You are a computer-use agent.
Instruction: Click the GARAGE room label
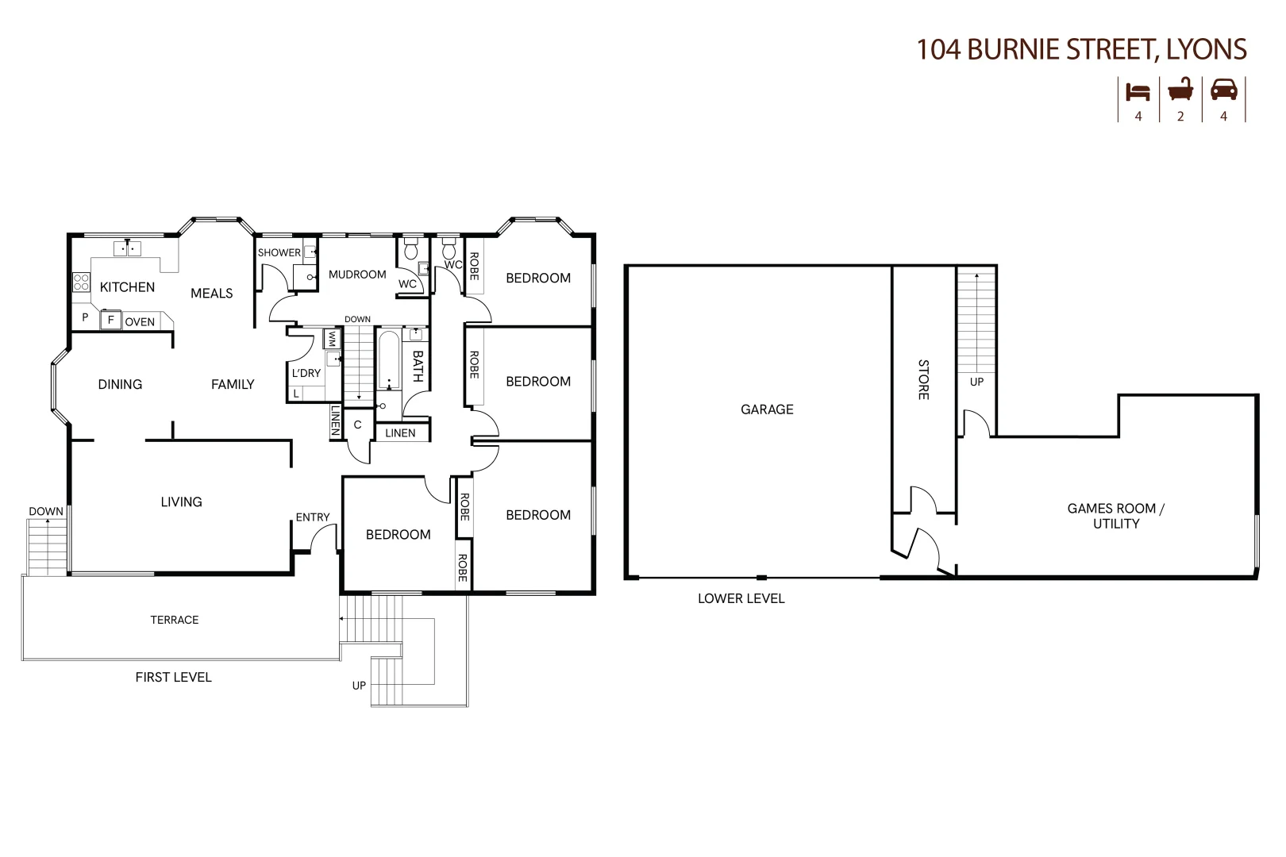pos(767,409)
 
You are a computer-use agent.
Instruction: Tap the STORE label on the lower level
pos(923,379)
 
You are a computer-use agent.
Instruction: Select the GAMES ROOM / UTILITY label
pos(1115,516)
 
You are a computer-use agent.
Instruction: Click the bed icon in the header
pos(1138,91)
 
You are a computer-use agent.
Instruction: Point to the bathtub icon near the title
pos(1180,90)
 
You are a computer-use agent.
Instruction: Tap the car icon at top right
pos(1223,90)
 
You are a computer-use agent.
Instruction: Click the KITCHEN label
pos(127,287)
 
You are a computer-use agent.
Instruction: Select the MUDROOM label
pos(357,275)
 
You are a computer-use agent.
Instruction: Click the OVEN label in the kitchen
pos(140,321)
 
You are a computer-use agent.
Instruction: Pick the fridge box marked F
pos(111,320)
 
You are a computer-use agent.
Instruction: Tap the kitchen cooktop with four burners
pos(82,282)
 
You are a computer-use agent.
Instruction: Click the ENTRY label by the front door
pos(313,517)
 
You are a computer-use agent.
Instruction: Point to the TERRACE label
pos(175,620)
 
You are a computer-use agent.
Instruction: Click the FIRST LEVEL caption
pos(173,677)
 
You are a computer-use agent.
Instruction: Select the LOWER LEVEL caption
pos(741,598)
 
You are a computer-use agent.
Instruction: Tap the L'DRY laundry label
pos(306,373)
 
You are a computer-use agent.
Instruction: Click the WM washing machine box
pos(331,339)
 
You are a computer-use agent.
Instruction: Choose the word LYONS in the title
pos(1207,49)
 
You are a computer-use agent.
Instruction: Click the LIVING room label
pos(182,502)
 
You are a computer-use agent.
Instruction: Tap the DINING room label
pos(120,384)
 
